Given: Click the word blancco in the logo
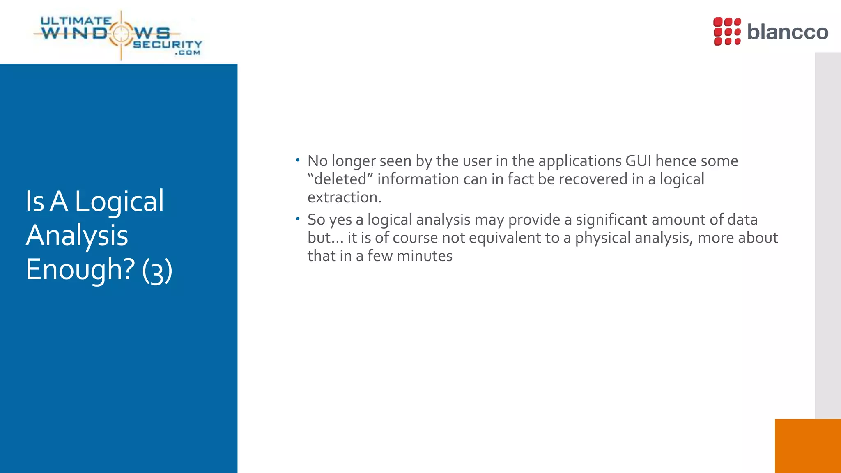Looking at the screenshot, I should point(787,32).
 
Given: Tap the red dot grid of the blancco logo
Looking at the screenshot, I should point(727,31).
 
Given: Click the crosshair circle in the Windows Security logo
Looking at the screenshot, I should point(121,34).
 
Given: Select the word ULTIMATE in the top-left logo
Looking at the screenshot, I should point(76,21).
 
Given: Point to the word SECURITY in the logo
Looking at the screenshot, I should point(168,44).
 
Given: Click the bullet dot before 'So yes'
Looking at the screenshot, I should point(298,219).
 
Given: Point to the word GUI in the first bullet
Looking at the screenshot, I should point(638,161).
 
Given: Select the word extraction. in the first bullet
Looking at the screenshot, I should point(345,197).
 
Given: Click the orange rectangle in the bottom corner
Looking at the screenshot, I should point(807,446).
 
